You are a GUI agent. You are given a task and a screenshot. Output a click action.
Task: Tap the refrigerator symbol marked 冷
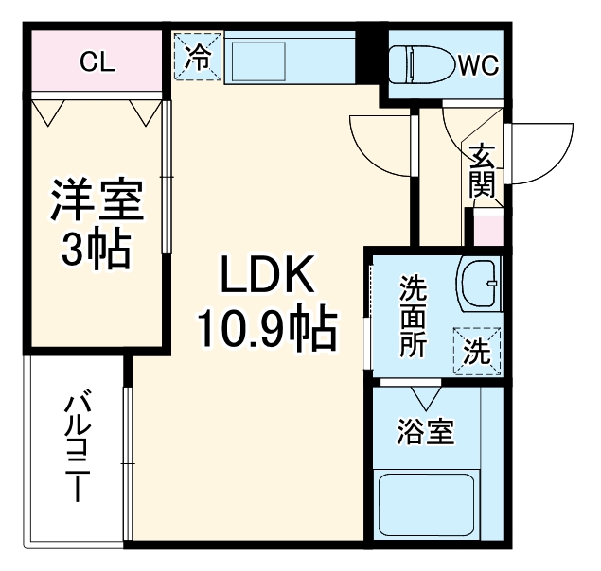coord(199,57)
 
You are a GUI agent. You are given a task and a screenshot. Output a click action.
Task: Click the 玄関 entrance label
coord(483,170)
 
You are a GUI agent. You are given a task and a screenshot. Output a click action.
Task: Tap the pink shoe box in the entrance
coord(486,231)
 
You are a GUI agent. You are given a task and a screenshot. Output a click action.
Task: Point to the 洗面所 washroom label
coord(413,315)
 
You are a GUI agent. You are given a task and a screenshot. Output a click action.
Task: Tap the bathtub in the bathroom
coord(426,506)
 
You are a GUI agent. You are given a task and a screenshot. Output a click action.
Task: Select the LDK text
coord(267,276)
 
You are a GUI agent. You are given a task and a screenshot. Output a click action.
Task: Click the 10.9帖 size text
coord(267,328)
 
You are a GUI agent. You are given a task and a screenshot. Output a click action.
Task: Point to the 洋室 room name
coord(97,200)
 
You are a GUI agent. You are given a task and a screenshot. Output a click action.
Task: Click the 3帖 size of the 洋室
coord(97,248)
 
